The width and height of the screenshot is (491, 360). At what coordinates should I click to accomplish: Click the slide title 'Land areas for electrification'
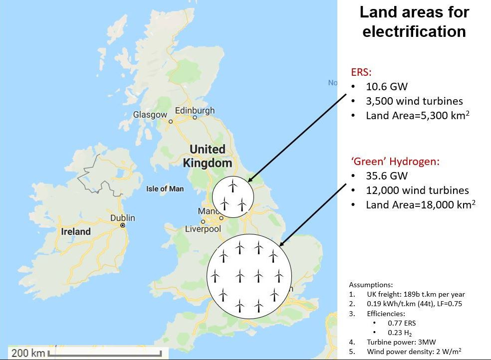click(414, 21)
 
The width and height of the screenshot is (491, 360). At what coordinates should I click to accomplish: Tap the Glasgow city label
click(150, 115)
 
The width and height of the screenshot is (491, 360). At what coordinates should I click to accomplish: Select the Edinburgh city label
click(195, 110)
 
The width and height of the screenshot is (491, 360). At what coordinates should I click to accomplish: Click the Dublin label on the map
click(122, 218)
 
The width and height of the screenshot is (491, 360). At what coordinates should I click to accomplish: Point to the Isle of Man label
click(165, 189)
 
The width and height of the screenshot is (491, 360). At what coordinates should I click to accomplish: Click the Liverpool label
click(203, 229)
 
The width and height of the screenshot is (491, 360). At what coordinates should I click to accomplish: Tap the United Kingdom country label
click(207, 156)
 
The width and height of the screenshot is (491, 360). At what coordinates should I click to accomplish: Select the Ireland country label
click(76, 231)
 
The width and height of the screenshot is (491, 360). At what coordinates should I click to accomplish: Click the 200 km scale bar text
click(28, 353)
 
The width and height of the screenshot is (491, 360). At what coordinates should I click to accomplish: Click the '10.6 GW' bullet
click(387, 87)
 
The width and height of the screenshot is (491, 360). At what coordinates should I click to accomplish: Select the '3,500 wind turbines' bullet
click(414, 101)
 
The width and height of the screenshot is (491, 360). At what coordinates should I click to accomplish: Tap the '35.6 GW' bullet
click(387, 176)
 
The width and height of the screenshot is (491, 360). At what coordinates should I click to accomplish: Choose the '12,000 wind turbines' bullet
click(417, 190)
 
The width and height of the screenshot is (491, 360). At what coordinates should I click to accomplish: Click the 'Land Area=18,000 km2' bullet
click(420, 205)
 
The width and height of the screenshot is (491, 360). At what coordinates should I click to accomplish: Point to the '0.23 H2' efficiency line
click(400, 333)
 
